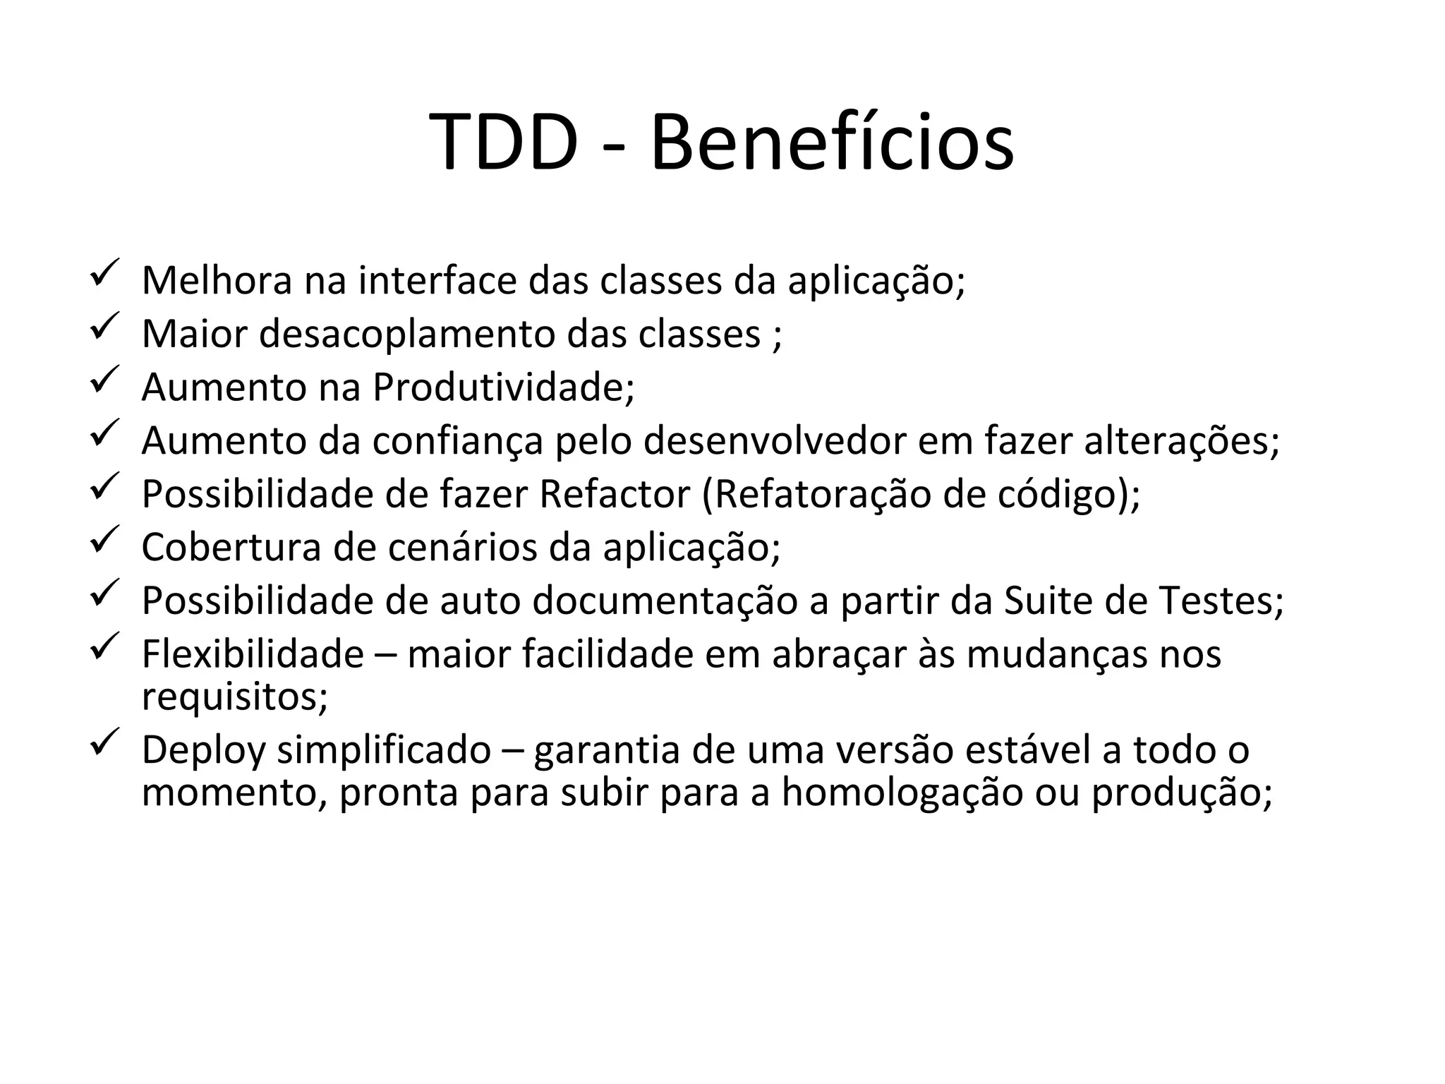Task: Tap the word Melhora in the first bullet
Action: pos(217,280)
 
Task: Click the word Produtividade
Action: pos(503,387)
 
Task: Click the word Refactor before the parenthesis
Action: pos(615,494)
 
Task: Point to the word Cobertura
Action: pos(231,548)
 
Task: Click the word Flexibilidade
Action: pos(253,654)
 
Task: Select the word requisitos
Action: pos(234,697)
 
